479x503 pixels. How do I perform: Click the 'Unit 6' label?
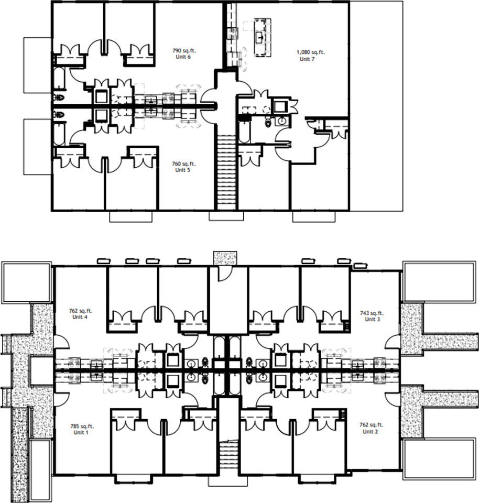point(183,57)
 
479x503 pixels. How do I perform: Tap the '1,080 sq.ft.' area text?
point(311,52)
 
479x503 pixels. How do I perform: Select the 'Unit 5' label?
point(183,170)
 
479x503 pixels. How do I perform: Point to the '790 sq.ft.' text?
point(184,51)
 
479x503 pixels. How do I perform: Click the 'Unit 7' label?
point(307,59)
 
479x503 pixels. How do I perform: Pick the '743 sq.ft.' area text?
point(372,313)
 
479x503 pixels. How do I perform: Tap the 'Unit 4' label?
point(80,317)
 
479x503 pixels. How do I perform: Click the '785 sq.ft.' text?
point(82,427)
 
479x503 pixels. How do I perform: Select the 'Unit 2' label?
point(370,431)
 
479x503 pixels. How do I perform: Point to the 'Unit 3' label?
point(372,319)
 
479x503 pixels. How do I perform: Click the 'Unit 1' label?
point(81,432)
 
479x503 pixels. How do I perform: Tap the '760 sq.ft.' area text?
point(184,164)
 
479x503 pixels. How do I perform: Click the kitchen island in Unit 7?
point(263,38)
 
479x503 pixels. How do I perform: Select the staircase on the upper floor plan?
point(226,172)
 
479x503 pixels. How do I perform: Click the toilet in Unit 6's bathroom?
point(59,97)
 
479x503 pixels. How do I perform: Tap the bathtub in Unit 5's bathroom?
point(59,133)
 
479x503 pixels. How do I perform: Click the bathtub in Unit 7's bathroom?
point(244,131)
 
